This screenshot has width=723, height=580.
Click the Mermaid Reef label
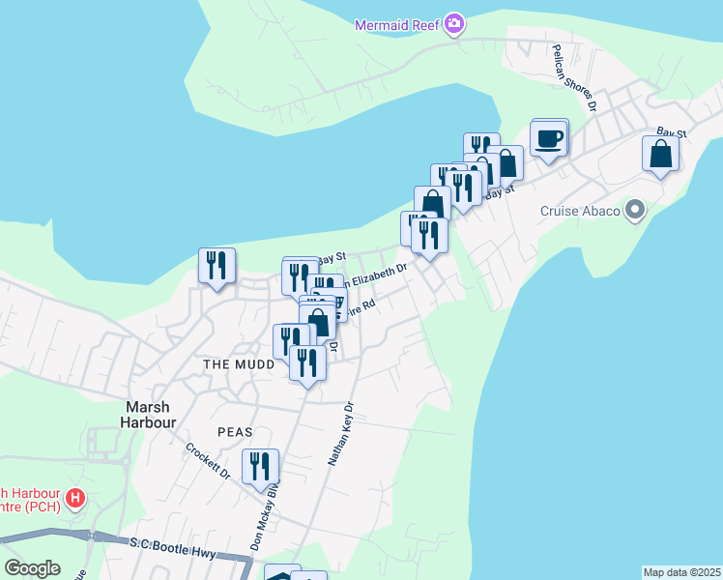(396, 25)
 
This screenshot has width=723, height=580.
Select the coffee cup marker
(549, 139)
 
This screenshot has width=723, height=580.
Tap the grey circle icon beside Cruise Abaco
(635, 209)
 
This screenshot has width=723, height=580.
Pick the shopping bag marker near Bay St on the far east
(660, 155)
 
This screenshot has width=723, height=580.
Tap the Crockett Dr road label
(207, 461)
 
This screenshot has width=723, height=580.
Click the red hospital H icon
(74, 501)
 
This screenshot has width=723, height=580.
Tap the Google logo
(32, 568)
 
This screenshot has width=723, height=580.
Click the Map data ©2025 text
(681, 572)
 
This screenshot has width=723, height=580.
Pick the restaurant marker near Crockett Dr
(260, 467)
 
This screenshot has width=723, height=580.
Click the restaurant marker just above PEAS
(307, 364)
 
